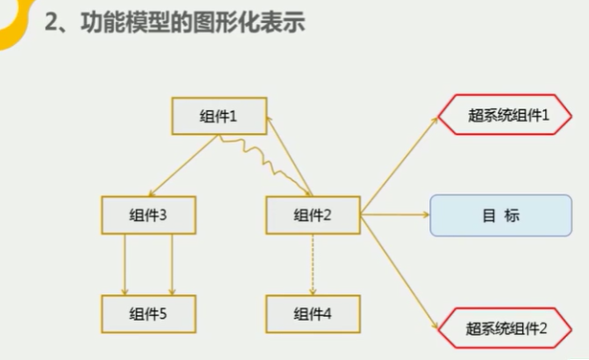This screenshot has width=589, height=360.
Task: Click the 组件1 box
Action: point(218,116)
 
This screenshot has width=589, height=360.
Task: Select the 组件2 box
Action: point(312,214)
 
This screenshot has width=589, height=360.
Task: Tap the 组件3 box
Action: point(148,214)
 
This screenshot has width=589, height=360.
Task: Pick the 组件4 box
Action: point(312,312)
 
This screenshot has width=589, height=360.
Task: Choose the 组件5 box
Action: point(148,312)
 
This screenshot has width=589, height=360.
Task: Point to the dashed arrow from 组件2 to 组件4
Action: point(312,263)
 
